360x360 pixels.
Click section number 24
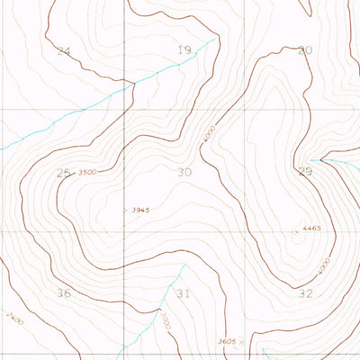coord(62,51)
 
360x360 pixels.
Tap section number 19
coord(184,50)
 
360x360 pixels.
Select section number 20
coord(305,50)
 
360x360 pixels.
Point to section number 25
coord(62,172)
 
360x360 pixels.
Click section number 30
coord(184,172)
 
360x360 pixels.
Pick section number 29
coord(305,171)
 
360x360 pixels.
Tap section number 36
coord(63,293)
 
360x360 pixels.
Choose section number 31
coord(184,294)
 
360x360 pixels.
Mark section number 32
coord(305,293)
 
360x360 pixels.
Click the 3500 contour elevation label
coord(88,172)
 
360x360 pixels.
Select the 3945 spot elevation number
coord(139,211)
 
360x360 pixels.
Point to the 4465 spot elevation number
coord(311,229)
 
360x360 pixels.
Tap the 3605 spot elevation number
coord(228,342)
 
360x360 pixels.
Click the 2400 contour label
coord(13,319)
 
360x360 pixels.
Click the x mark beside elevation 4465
coord(295,231)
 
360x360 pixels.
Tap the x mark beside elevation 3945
coord(125,210)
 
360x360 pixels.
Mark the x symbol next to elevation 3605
coord(243,343)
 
